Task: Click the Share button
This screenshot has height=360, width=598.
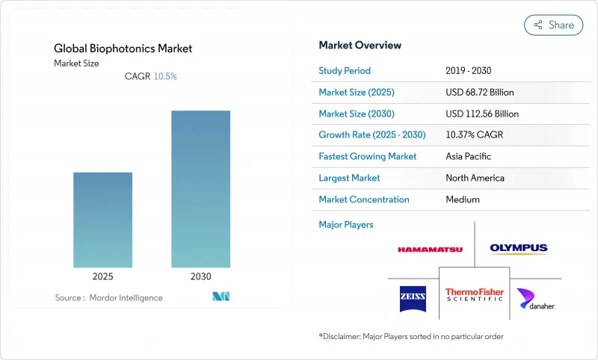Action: (553, 25)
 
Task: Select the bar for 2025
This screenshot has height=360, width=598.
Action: (102, 220)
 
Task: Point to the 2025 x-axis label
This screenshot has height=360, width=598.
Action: (102, 276)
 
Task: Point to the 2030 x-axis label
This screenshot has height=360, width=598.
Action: (200, 276)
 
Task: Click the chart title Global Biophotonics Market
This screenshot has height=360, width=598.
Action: (123, 49)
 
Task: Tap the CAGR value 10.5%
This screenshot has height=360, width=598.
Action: (165, 76)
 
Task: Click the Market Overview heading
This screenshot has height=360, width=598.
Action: (360, 46)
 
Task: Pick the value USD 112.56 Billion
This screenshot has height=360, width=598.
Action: (481, 114)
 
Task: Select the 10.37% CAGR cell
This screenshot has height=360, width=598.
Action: (474, 135)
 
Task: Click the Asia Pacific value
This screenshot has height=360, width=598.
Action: (469, 157)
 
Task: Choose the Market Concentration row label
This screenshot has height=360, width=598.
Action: (364, 199)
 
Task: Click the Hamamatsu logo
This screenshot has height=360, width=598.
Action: (430, 249)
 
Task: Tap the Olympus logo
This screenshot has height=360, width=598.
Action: (519, 249)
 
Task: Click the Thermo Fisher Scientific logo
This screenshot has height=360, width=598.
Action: (475, 294)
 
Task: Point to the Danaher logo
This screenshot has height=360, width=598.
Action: (535, 300)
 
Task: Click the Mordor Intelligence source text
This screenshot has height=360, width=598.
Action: (108, 298)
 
